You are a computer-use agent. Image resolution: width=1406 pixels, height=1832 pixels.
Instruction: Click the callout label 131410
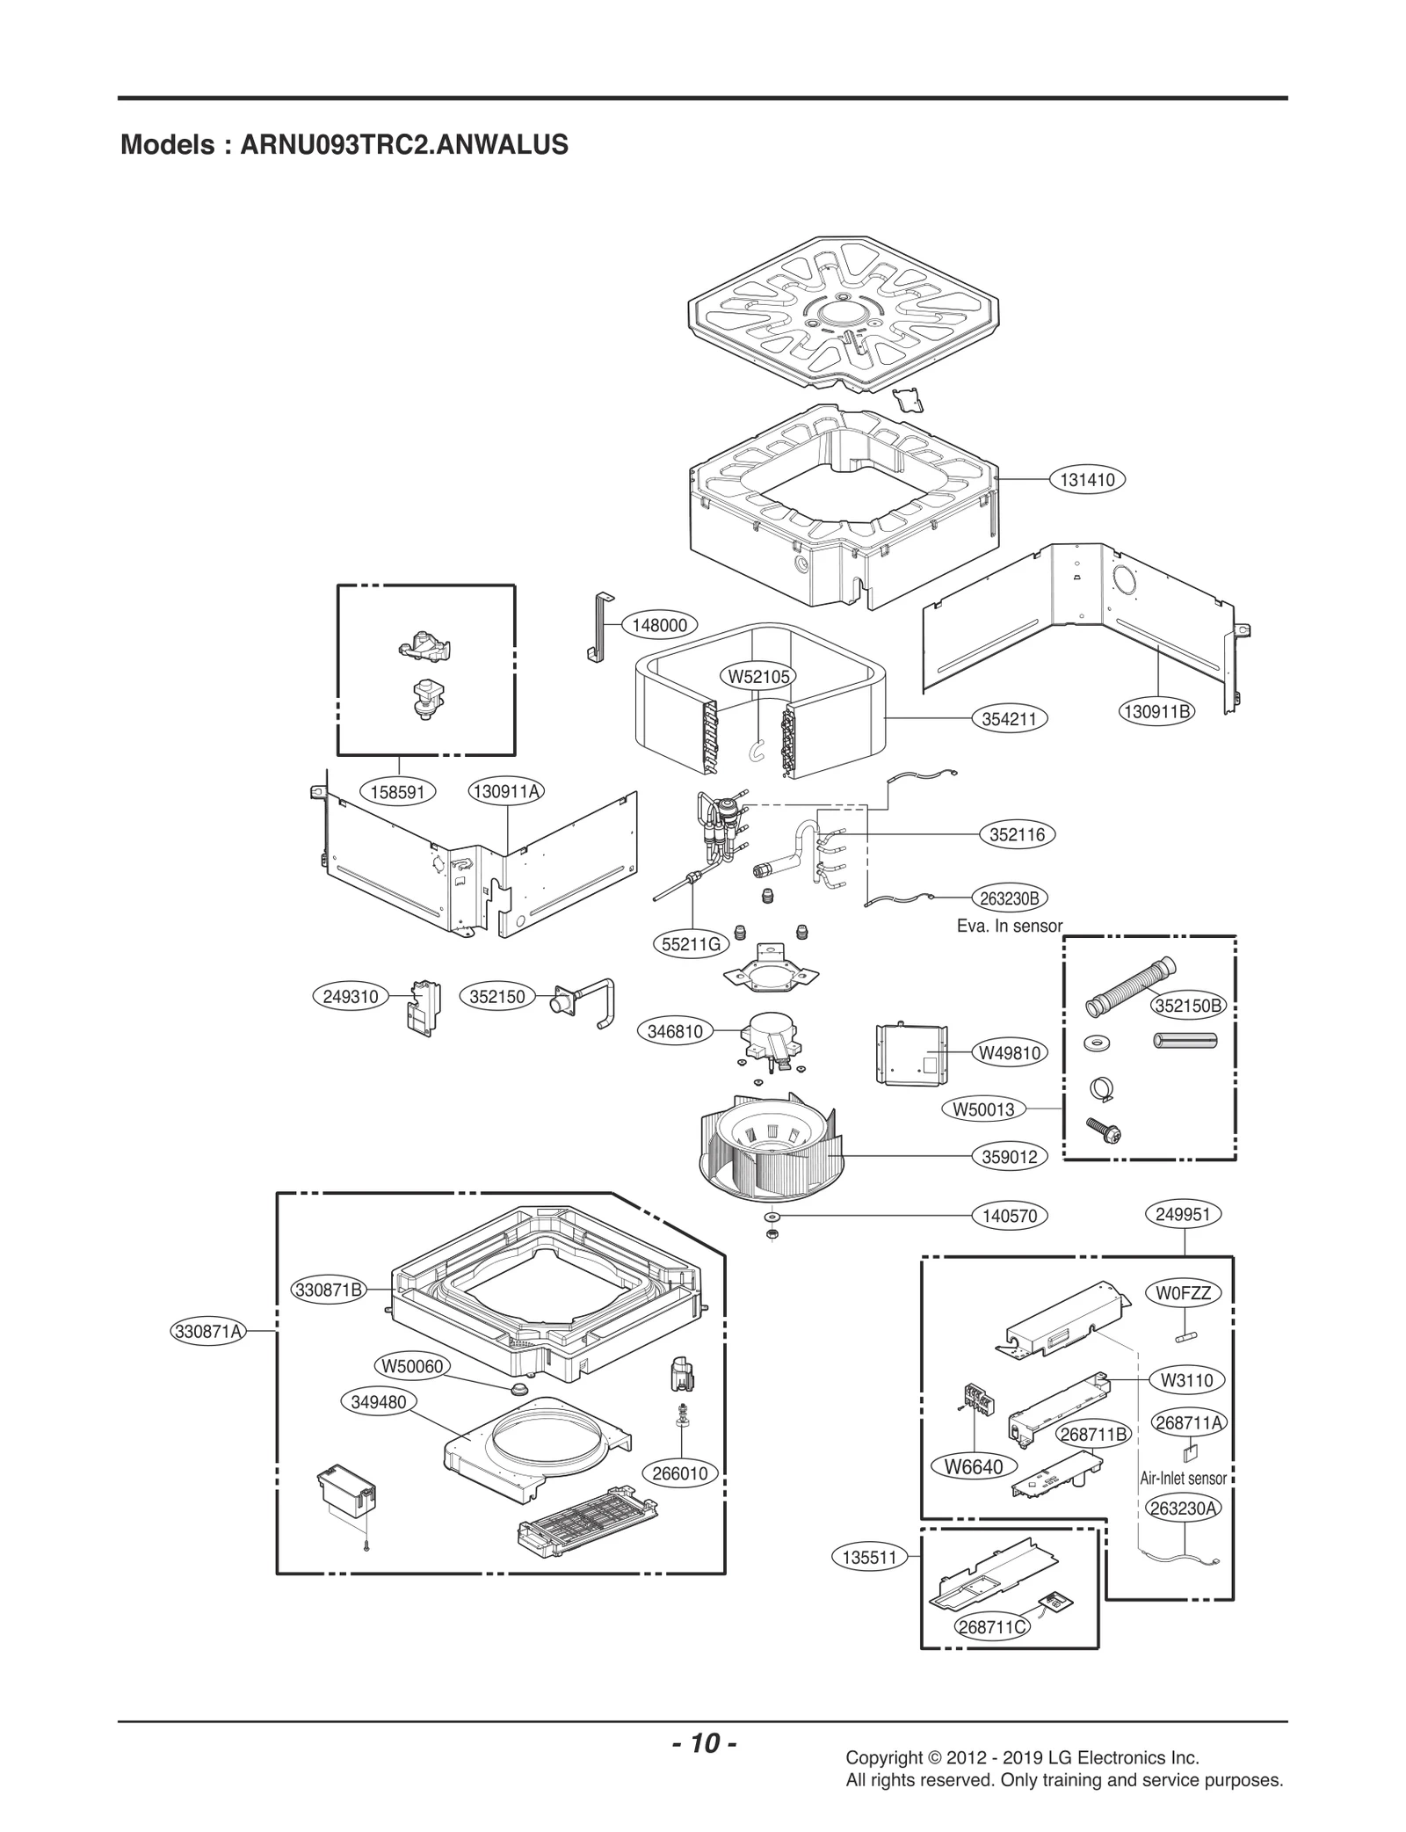[1087, 480]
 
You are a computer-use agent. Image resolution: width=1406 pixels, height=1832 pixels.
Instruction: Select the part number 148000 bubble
[659, 625]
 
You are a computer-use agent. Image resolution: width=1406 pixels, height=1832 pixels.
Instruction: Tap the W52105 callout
[757, 676]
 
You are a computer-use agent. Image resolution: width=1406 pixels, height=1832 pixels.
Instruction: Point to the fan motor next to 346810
[771, 1041]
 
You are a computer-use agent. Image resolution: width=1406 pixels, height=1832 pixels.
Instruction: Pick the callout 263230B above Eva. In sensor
[1009, 898]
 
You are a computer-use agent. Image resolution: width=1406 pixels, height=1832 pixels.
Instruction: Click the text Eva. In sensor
[1009, 926]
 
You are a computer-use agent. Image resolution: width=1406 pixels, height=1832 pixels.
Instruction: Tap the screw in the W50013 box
[1098, 1129]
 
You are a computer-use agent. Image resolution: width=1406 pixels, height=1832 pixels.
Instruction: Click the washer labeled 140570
[772, 1218]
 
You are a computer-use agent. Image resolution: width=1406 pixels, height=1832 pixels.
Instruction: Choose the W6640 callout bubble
[973, 1466]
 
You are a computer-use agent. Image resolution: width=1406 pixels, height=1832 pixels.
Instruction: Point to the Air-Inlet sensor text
[1183, 1479]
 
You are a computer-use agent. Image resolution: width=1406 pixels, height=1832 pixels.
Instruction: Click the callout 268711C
[991, 1627]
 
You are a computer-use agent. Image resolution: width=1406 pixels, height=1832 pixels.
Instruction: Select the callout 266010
[680, 1473]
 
